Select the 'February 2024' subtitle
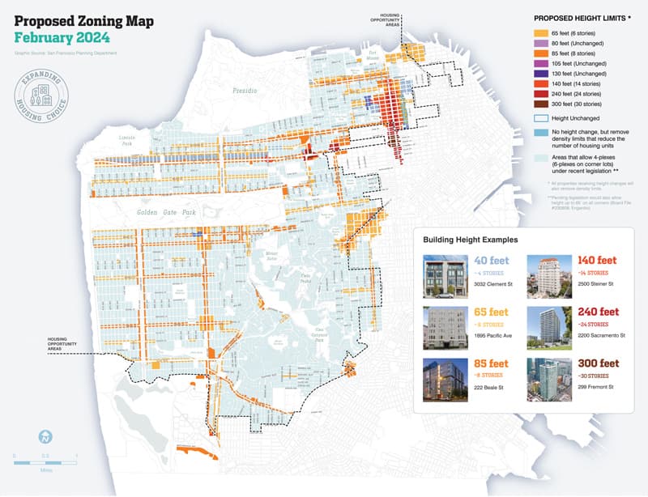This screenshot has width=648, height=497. coord(62,38)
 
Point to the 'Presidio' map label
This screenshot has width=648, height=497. coord(245,91)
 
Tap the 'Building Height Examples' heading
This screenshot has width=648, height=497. coord(471,240)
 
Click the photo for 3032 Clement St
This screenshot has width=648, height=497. coord(445,277)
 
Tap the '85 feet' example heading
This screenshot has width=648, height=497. coord(492,363)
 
